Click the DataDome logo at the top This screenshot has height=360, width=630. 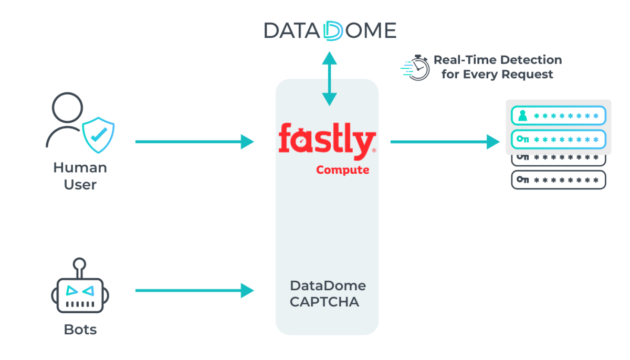tap(330, 30)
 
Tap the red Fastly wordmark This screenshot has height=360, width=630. tap(327, 141)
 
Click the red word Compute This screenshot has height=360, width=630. tap(342, 170)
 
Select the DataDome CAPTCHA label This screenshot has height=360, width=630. tap(328, 294)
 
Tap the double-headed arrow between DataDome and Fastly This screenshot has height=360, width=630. tap(329, 78)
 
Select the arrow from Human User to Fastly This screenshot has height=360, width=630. tap(194, 141)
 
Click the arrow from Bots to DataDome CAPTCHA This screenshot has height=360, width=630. tap(194, 290)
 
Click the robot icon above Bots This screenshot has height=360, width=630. tap(80, 292)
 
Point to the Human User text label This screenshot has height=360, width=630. tap(80, 176)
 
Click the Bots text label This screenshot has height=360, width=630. tap(80, 330)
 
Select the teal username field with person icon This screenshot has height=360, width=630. tap(559, 115)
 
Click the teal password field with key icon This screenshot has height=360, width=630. tap(559, 139)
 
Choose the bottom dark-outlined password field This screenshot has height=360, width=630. tap(559, 179)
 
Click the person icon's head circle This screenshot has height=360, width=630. tap(68, 108)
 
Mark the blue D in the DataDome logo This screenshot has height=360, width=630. tap(333, 30)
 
